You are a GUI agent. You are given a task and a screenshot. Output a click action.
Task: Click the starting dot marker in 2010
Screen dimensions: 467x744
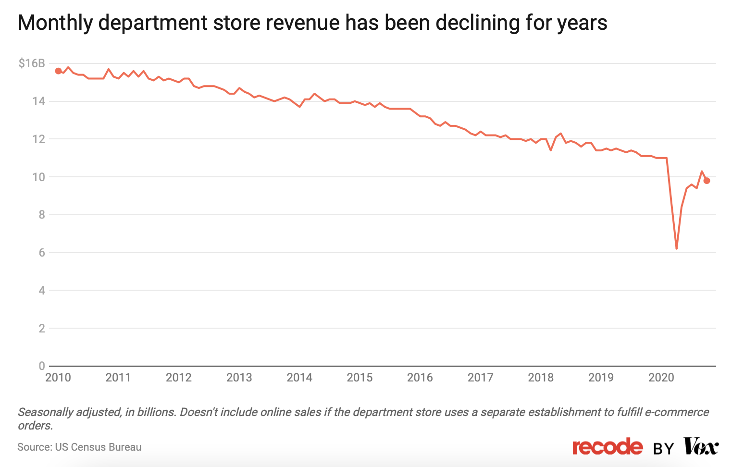[x=58, y=71]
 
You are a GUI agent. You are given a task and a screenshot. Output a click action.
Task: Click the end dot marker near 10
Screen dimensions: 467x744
[x=707, y=181]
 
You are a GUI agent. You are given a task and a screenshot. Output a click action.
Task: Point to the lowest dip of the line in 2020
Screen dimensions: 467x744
[x=676, y=248]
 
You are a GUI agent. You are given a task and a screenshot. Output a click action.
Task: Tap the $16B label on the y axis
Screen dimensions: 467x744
[x=32, y=63]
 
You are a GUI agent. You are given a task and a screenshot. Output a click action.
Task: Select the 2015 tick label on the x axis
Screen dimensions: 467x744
[x=360, y=378]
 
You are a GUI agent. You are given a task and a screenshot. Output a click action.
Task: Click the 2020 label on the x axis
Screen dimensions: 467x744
[x=661, y=378]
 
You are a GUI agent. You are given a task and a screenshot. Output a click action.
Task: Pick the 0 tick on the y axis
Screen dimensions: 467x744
[x=42, y=366]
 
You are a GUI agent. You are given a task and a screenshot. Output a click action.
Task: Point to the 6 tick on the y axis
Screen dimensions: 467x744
[x=42, y=253]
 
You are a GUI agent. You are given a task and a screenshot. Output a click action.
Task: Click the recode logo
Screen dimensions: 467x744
[x=607, y=447]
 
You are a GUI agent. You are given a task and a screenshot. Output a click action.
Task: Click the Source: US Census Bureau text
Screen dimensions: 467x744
[x=79, y=447]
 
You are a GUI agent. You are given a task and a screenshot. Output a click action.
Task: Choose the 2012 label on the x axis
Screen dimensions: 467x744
[x=179, y=378]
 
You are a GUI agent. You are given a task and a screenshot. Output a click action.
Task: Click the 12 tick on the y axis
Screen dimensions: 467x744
[x=39, y=139]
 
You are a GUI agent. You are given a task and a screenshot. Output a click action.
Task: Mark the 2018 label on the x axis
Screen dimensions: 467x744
[x=541, y=378]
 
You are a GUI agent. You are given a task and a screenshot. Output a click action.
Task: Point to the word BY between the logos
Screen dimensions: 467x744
[x=663, y=449]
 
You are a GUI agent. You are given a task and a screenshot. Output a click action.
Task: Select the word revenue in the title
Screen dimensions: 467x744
[x=301, y=23]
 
